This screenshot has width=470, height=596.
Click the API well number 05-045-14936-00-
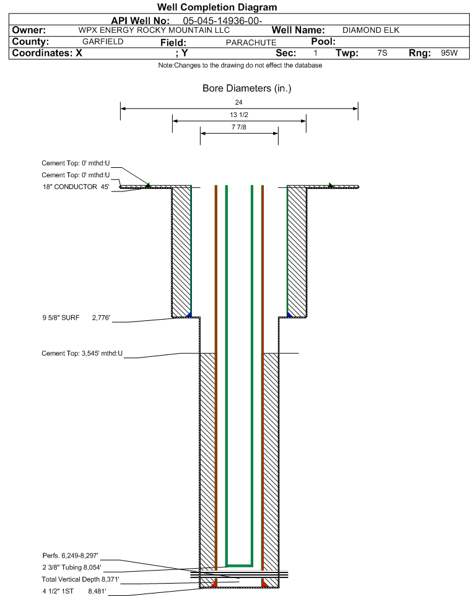pos(222,20)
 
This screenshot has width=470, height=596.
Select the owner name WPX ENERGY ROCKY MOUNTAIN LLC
pos(154,30)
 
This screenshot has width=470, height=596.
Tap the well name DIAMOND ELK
pos(371,30)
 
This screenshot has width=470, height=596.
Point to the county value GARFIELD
pos(103,42)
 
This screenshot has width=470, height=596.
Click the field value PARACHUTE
pos(251,43)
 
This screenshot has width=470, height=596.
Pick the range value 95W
pos(449,53)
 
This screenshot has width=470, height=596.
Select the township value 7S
pos(382,53)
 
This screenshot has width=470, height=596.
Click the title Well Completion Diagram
pos(217,7)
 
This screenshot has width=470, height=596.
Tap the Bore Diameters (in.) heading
pos(247,88)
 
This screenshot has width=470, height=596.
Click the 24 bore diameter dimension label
pos(238,102)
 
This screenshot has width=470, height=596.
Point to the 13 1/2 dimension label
pos(239,115)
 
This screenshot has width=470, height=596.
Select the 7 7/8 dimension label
pos(239,127)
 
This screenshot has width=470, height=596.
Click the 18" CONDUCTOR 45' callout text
pos(76,186)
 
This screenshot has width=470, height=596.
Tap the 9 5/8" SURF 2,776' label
pos(76,317)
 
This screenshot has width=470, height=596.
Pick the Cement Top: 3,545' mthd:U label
pos(82,353)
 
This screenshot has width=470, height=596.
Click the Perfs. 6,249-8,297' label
pos(71,555)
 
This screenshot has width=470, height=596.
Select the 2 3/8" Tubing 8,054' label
pos(72,567)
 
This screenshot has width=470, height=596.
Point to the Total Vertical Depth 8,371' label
pos(81,579)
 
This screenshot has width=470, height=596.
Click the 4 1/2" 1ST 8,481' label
pos(74,591)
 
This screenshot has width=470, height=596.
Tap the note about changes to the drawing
pos(240,66)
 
